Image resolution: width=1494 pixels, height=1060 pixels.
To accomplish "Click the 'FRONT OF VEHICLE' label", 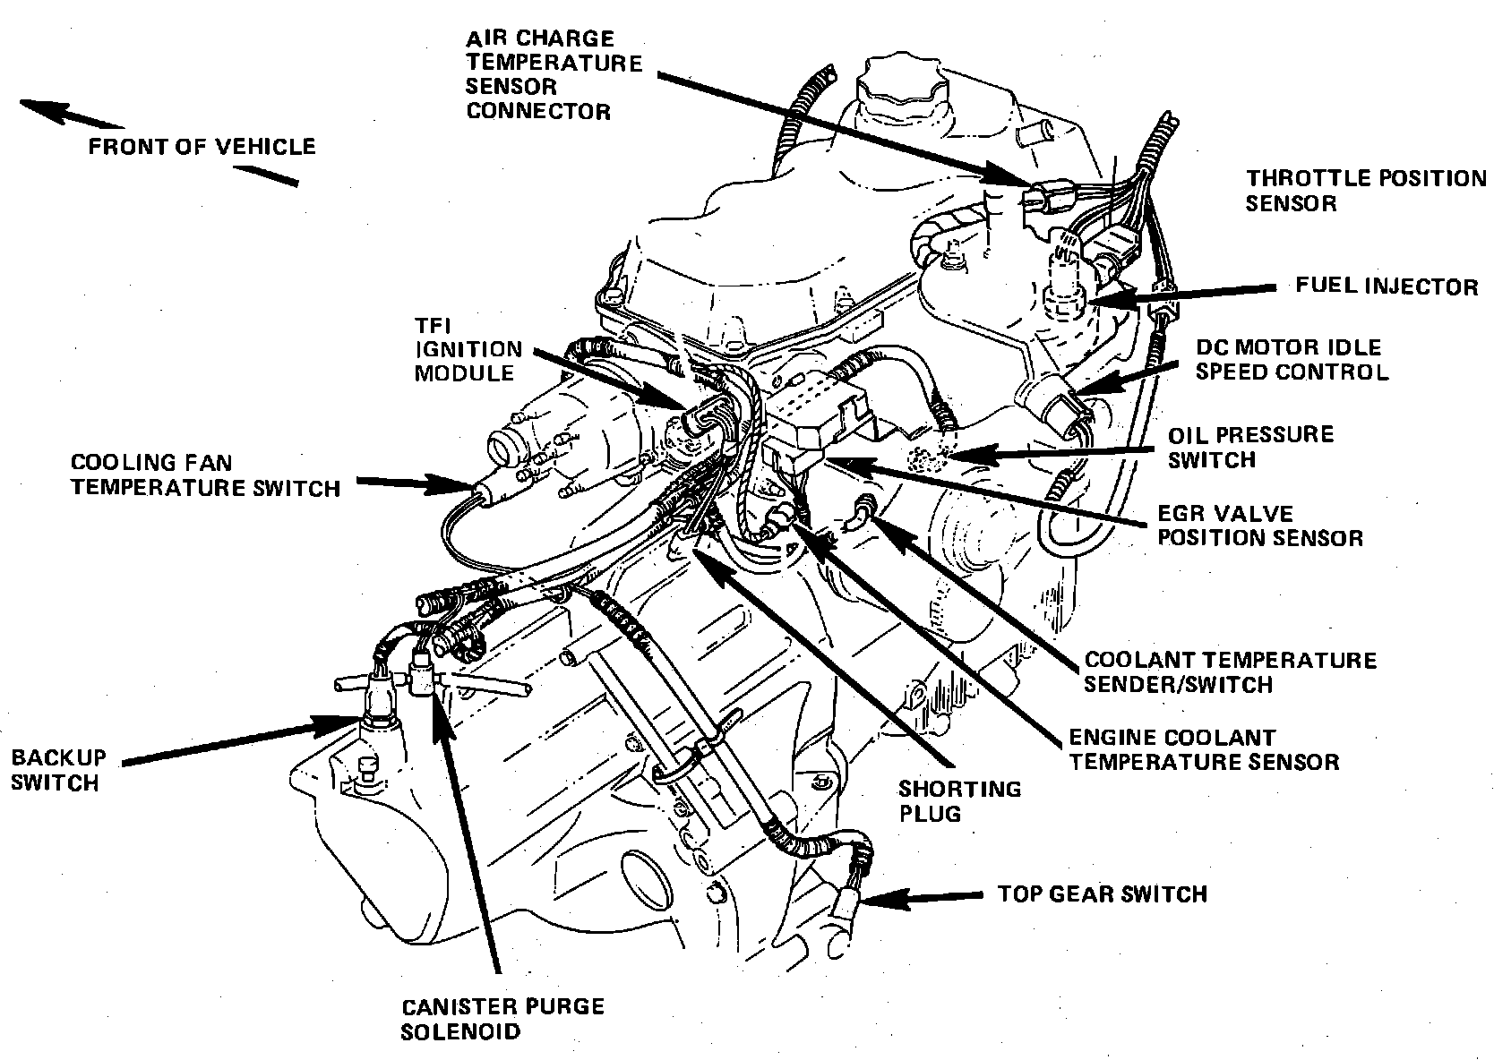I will (202, 147).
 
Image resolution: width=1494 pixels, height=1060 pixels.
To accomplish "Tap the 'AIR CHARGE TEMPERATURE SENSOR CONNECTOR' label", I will (554, 75).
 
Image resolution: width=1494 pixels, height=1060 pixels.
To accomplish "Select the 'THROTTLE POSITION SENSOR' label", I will (1365, 191).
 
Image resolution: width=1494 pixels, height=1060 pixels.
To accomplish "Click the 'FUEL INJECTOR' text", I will (1387, 286).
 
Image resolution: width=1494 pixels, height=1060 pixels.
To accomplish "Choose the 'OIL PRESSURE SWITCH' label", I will (1250, 447).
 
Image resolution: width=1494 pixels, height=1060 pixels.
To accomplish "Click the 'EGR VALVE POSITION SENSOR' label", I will (1259, 526).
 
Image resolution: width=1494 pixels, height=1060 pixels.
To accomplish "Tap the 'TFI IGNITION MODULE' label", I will (468, 349).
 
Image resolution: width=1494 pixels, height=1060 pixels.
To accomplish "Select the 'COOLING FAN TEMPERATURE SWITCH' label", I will (205, 475).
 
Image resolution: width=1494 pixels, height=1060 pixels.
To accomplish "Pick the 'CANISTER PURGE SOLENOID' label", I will (502, 1018).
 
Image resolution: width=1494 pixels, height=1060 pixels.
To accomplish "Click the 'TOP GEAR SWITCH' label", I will (1102, 893).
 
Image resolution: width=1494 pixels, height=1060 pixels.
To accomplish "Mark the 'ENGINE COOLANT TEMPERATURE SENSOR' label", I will (1204, 750).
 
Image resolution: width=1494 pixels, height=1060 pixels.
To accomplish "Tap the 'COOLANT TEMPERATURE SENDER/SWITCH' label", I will (1230, 672).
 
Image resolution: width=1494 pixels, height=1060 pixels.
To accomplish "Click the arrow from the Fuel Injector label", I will (1200, 292).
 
